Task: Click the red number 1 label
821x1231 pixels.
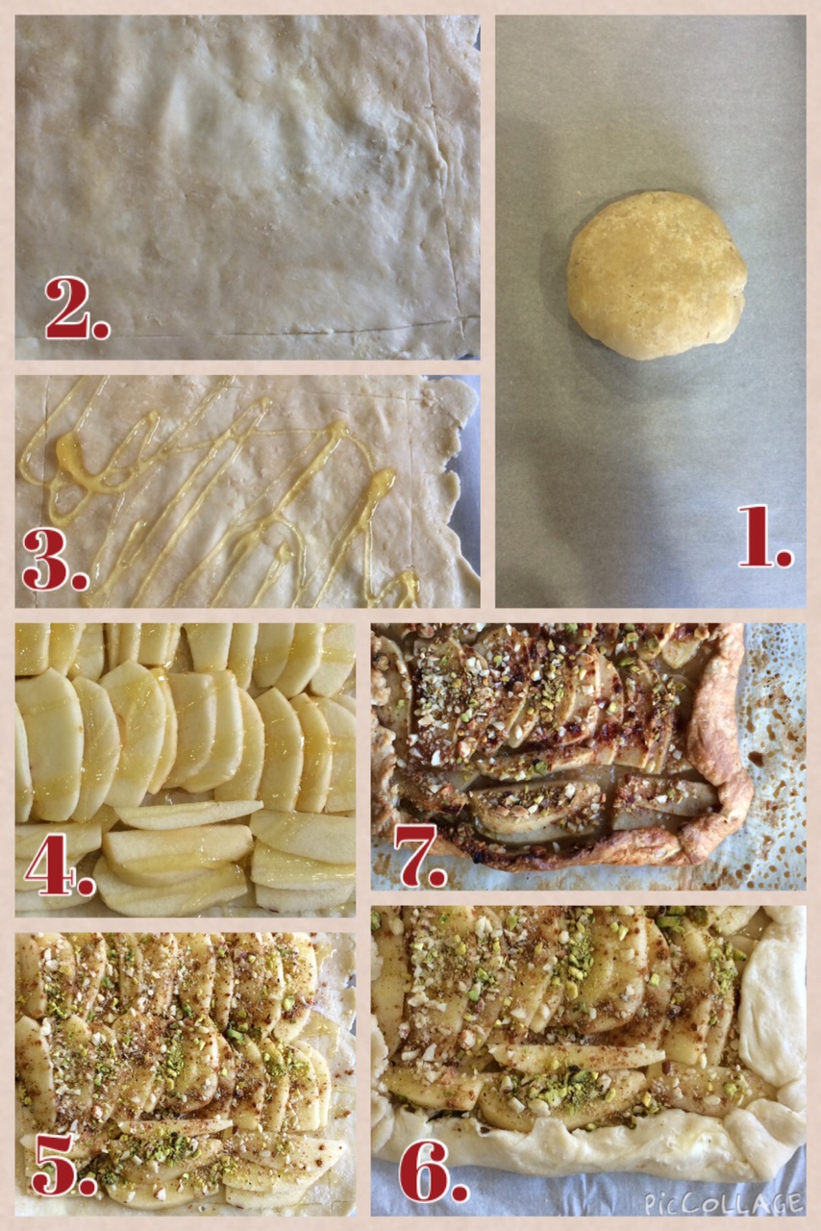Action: [x=765, y=537]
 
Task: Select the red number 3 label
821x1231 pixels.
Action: [x=55, y=560]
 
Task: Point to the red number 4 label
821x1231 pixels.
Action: [x=60, y=864]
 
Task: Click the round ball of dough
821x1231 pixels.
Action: [x=657, y=275]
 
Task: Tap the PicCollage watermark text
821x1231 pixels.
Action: [x=723, y=1204]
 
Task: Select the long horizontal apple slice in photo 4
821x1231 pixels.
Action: [x=189, y=815]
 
